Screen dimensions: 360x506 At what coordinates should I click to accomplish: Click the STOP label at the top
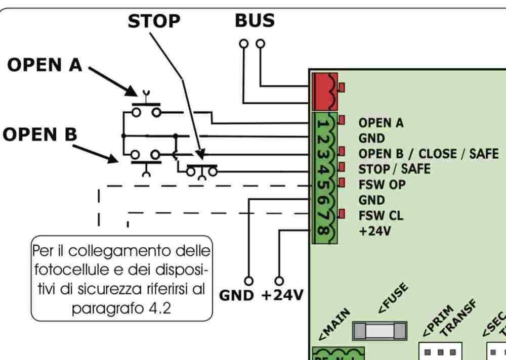click(x=153, y=21)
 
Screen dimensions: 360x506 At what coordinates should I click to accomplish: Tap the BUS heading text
click(x=255, y=21)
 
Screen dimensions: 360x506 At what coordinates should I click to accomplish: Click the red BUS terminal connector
click(x=325, y=91)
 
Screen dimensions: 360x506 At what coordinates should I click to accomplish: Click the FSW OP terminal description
click(x=382, y=184)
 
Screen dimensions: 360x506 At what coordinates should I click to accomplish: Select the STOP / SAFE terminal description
click(x=394, y=169)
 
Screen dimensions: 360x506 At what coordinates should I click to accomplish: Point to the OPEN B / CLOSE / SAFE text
click(x=428, y=153)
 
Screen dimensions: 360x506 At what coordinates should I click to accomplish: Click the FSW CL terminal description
click(x=381, y=215)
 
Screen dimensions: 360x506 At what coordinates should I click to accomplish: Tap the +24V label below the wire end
click(x=281, y=296)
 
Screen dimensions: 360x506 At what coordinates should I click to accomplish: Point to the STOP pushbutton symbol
click(x=201, y=170)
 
